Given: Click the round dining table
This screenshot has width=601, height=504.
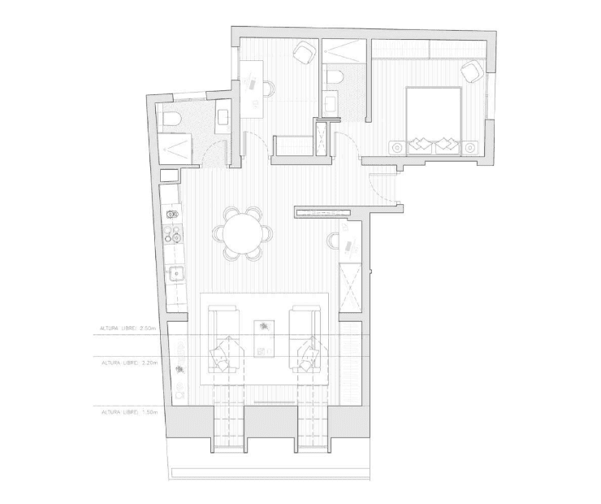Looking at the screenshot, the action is coord(242,233).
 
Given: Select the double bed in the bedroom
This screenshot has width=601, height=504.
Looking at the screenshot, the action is coord(434,121).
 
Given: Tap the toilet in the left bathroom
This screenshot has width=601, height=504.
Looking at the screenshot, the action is coord(171,119).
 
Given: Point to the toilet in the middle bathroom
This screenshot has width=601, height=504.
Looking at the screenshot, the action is coord(335,77).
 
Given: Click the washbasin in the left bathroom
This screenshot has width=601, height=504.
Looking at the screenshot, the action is coord(223,115).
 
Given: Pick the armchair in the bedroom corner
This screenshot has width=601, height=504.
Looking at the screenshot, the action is coord(472,72).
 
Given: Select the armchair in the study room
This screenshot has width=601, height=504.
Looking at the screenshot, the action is coord(305,51).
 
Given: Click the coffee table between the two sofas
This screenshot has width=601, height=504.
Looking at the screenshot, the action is coord(264,338).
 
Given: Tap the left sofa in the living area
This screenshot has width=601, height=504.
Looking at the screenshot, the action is coord(226,339).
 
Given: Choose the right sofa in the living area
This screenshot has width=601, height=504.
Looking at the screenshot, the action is coord(305,339).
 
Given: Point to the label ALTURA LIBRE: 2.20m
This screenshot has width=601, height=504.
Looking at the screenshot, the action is coord(129,362).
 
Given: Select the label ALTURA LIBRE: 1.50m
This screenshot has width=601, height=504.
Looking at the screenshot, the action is coord(129,412).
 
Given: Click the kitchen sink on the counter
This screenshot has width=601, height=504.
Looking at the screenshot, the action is coord(176,273).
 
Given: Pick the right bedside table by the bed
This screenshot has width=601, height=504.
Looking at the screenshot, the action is coord(469,147).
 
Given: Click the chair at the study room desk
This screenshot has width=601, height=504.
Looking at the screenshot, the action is coord(269,89).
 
